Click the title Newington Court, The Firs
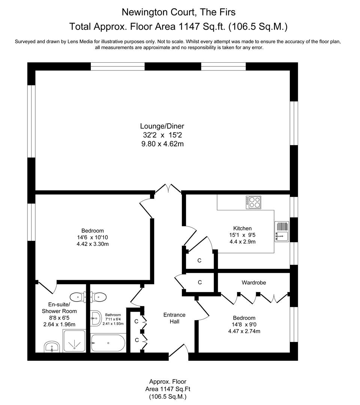tap(178, 12)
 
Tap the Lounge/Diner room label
tap(162, 126)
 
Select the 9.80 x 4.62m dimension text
tap(162, 144)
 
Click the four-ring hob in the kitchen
tap(253, 202)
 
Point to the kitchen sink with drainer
tap(282, 232)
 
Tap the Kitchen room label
tap(242, 228)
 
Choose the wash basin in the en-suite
tap(51, 347)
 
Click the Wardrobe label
tap(253, 282)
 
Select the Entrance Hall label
tap(174, 318)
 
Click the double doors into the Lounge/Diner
tap(168, 189)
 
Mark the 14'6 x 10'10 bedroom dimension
tap(92, 237)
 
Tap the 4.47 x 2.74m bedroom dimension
tap(244, 331)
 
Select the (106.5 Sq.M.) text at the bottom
tap(167, 396)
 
